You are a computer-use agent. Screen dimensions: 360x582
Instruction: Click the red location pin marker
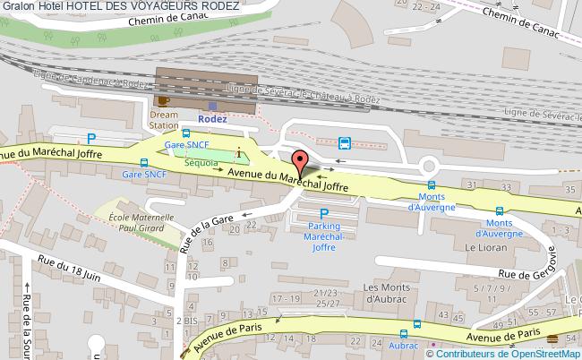300,163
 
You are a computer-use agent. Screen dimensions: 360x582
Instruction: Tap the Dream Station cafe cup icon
163,100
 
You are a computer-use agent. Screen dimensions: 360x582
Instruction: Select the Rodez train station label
211,117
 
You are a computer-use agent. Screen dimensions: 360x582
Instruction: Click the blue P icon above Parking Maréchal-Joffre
324,213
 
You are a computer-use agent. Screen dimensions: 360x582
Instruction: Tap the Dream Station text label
164,121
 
